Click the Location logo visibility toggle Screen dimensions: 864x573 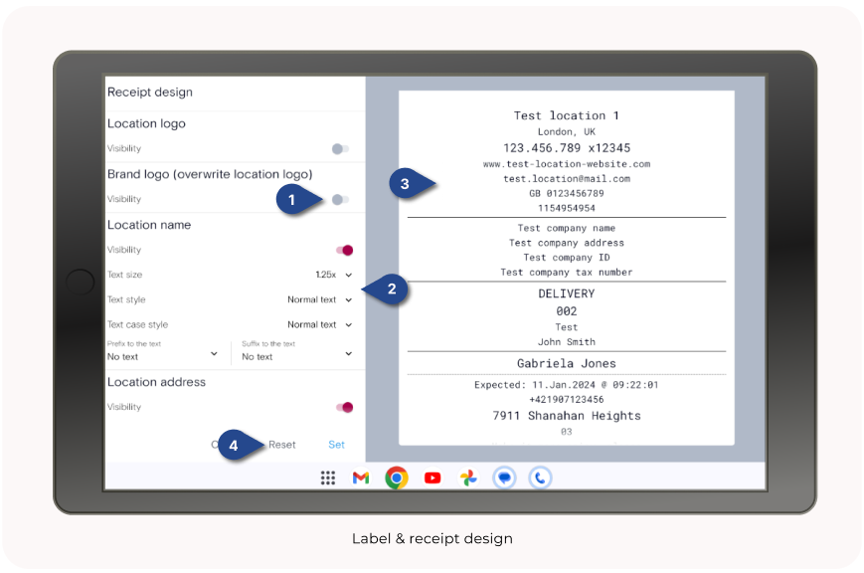point(340,148)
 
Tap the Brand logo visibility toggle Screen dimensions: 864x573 point(340,199)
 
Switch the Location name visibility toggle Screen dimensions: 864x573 point(345,250)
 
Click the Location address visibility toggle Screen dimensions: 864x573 point(345,407)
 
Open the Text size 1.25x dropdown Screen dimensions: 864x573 point(333,275)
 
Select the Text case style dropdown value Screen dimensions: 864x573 point(319,324)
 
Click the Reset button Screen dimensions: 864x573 point(281,445)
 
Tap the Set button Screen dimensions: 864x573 point(337,445)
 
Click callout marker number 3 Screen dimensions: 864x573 point(405,183)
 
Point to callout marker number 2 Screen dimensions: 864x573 point(391,289)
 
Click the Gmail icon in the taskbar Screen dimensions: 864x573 point(361,478)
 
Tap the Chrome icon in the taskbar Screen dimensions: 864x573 point(397,478)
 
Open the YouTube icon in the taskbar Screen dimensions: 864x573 point(432,478)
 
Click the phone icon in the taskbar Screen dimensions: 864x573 point(540,478)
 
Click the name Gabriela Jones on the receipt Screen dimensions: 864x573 point(566,364)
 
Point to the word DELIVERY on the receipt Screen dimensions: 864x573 point(566,293)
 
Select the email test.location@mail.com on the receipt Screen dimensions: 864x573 point(566,179)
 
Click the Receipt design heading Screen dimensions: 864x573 point(150,93)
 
